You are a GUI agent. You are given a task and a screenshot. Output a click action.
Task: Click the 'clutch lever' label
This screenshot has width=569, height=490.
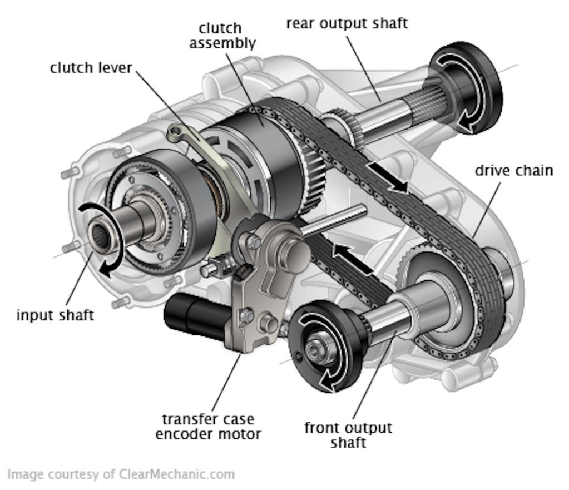(x=91, y=68)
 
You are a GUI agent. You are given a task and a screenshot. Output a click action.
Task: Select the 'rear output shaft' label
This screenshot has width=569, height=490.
(x=347, y=23)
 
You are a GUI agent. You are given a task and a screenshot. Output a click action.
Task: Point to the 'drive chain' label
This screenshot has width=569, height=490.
(x=513, y=170)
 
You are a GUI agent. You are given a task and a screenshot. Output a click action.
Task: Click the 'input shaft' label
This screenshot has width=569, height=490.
(x=55, y=315)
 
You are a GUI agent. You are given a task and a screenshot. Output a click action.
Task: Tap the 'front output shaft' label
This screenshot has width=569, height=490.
(x=348, y=435)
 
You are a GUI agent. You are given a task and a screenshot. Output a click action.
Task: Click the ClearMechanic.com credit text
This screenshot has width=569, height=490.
(x=121, y=474)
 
